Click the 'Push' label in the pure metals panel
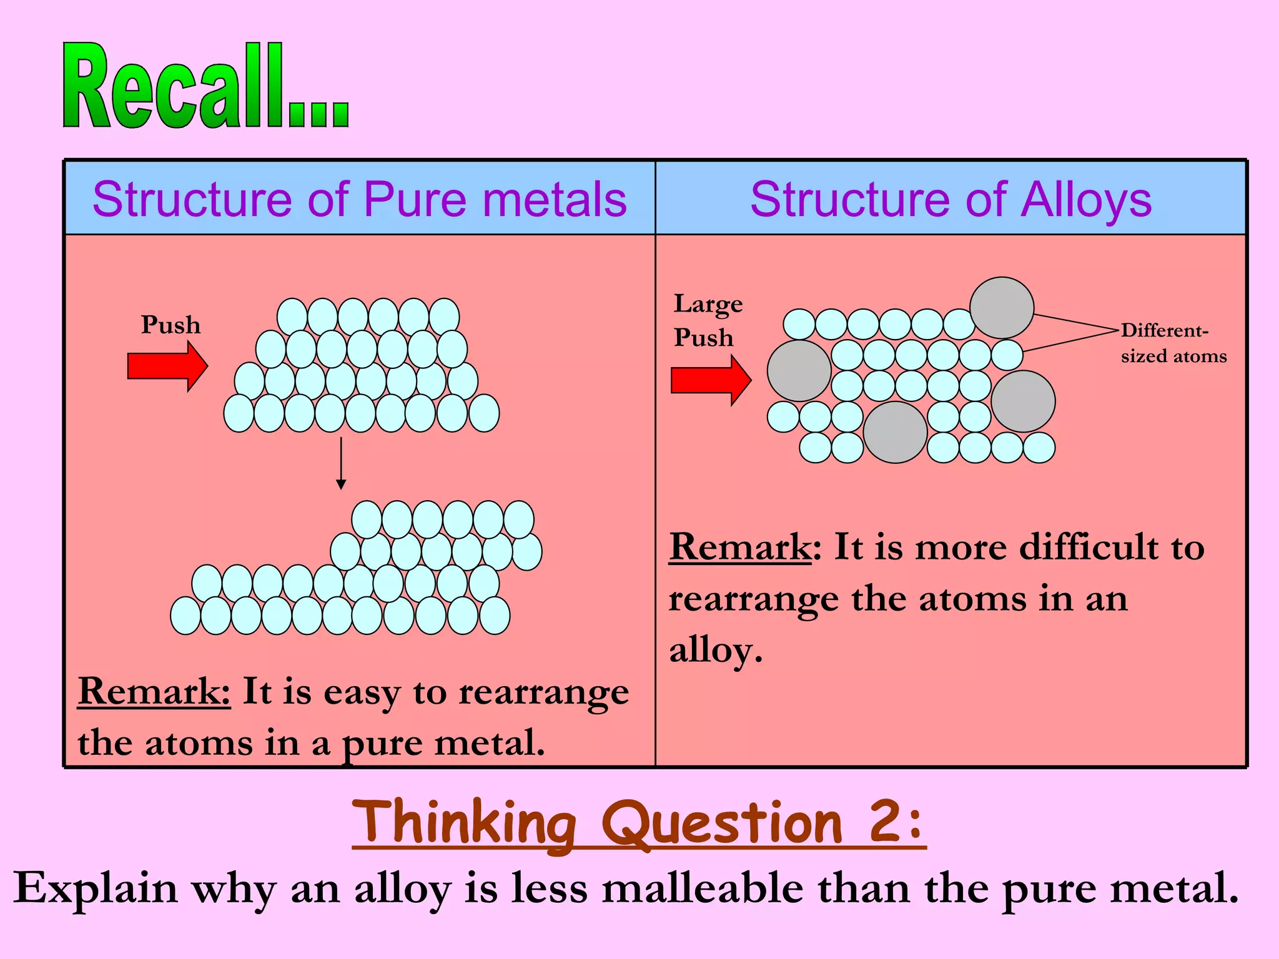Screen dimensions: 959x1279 click(x=170, y=325)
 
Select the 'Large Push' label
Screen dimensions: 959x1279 click(x=707, y=320)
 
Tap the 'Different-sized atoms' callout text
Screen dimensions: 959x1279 click(x=1173, y=343)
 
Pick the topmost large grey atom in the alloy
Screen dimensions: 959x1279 click(x=1002, y=308)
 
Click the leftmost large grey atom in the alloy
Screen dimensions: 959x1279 click(x=799, y=371)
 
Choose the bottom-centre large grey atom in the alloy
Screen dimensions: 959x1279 click(x=895, y=432)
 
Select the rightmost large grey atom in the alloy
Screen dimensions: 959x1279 click(x=1023, y=401)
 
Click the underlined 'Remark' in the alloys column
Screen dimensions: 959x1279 click(x=740, y=548)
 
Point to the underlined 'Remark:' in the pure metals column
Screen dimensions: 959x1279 click(x=154, y=692)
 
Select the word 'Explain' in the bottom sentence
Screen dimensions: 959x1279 click(x=96, y=889)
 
